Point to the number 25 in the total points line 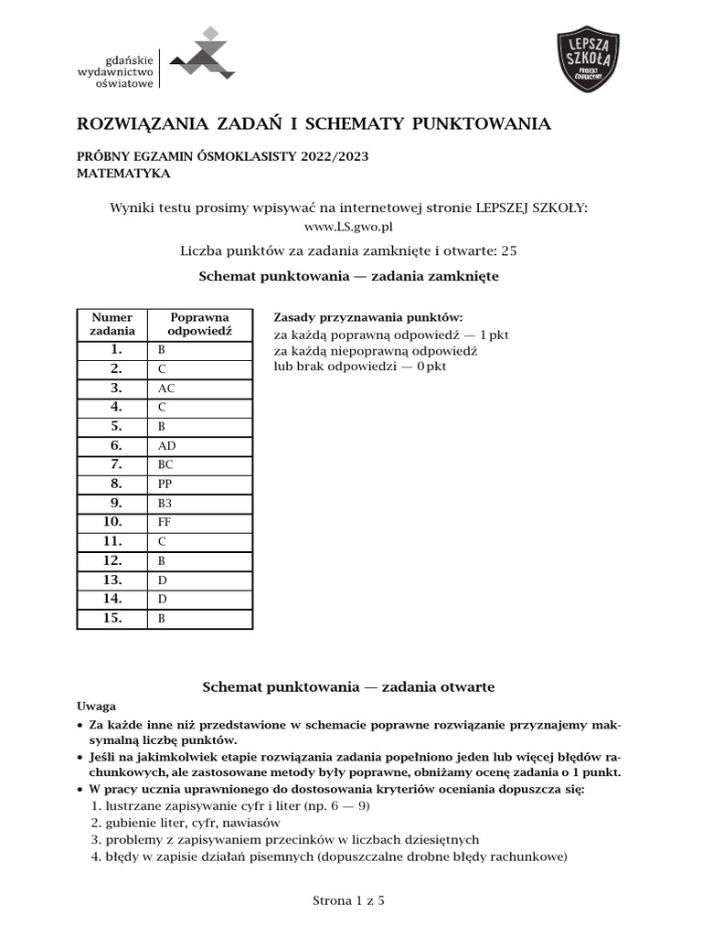(x=510, y=250)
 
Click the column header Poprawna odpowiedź (x=199, y=324)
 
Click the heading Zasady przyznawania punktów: (x=368, y=317)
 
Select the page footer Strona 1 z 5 (x=348, y=900)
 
